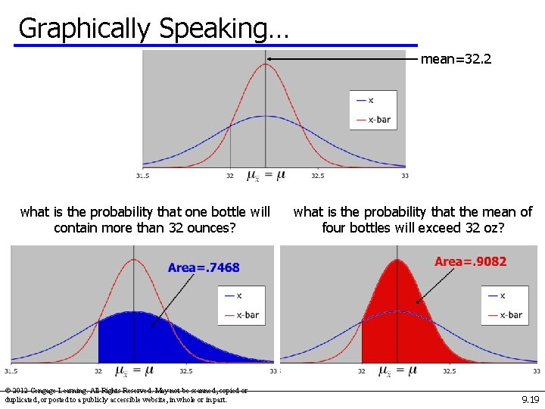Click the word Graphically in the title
click(84, 29)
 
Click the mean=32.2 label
click(456, 58)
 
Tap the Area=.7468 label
click(204, 267)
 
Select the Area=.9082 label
click(470, 262)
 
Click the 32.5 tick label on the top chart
click(318, 176)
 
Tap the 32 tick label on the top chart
click(230, 176)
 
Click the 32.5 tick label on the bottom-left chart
click(186, 371)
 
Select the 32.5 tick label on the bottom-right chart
click(449, 371)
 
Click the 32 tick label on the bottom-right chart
click(362, 371)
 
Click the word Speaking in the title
click(224, 29)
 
